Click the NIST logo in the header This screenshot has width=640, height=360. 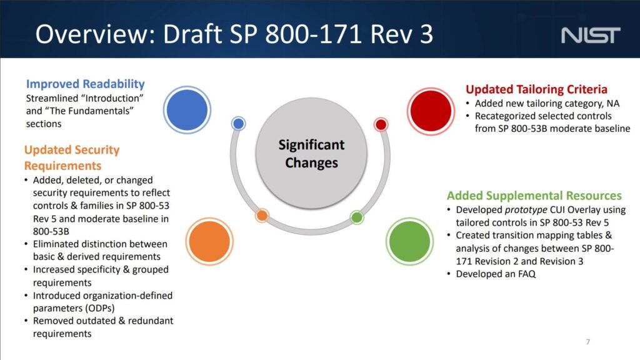[x=591, y=35]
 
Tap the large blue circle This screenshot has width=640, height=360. [x=187, y=110]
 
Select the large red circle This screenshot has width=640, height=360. [x=431, y=111]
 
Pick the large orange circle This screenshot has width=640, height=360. [x=209, y=241]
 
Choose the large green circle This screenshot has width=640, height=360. [x=409, y=241]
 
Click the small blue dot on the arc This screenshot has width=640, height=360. [x=238, y=124]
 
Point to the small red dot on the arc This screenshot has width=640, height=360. [x=381, y=124]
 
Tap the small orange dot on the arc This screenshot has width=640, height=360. [x=262, y=216]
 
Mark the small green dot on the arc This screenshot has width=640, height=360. [x=357, y=217]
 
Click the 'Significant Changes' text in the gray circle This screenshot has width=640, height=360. [x=311, y=154]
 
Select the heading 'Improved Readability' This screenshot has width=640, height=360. [x=85, y=84]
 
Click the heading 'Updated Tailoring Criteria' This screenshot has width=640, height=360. [x=536, y=89]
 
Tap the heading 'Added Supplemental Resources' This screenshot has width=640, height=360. [x=534, y=196]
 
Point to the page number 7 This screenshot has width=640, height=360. [x=587, y=342]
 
